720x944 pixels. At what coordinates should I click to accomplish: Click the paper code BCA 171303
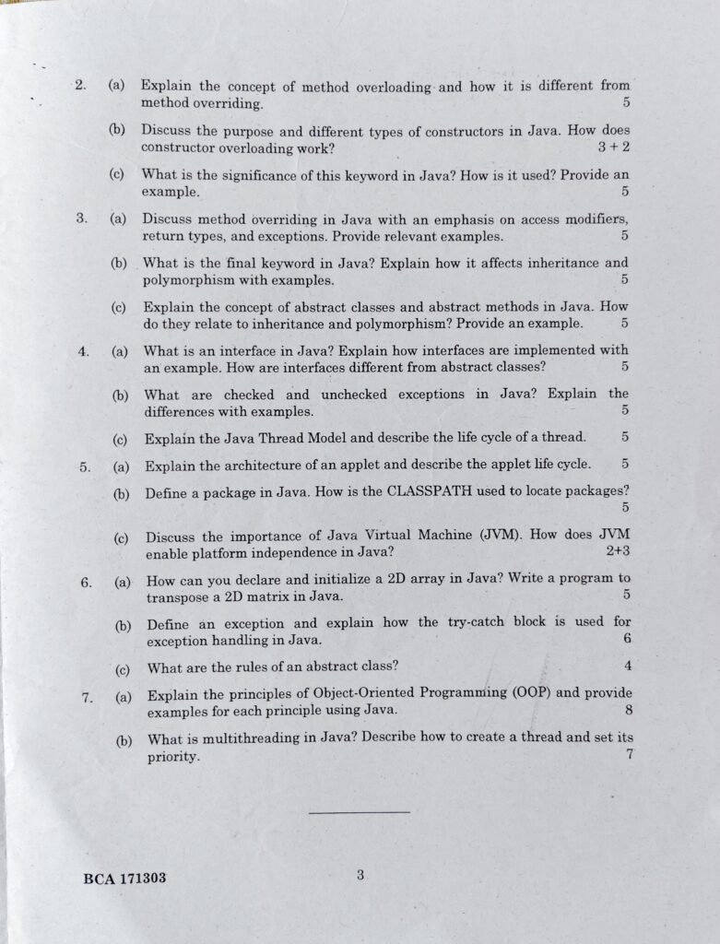(124, 879)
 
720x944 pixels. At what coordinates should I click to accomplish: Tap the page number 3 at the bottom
(361, 876)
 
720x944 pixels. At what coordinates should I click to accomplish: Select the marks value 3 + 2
(613, 147)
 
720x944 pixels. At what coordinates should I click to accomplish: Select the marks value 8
(628, 710)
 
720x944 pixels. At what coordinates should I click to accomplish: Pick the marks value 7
(629, 754)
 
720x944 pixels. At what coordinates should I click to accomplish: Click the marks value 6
(627, 639)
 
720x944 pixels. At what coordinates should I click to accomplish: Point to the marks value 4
(627, 666)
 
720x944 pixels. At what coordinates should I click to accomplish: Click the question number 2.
(80, 86)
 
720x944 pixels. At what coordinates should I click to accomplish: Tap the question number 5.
(85, 466)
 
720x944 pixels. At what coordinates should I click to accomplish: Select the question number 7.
(87, 697)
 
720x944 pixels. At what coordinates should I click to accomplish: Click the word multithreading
(241, 738)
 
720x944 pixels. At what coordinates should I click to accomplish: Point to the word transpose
(179, 596)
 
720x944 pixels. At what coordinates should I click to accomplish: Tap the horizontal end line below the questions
(359, 812)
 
